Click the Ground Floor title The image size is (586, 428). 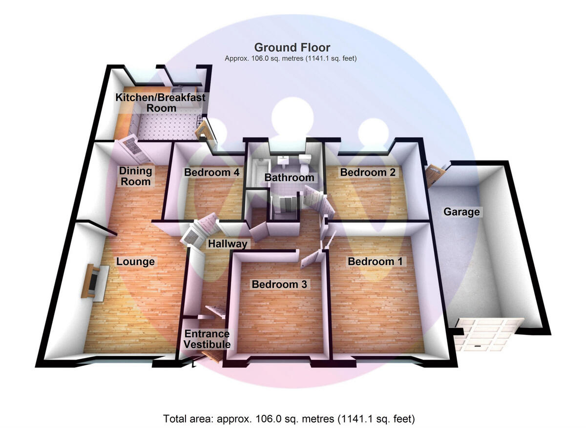pos(292,48)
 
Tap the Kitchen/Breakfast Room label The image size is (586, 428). pos(161,102)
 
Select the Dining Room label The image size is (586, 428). pos(136,176)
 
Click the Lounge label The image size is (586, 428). pos(135,262)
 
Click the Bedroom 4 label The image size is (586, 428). pos(211,172)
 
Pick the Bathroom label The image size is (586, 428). pos(289,178)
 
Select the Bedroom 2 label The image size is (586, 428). pos(368,172)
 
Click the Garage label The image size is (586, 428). pos(461,212)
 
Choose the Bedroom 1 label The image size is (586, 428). pos(375,262)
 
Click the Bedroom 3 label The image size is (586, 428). pos(279,284)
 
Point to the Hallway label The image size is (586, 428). pos(228,244)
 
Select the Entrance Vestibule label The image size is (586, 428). pos(207,339)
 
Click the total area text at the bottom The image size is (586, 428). pos(289,419)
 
